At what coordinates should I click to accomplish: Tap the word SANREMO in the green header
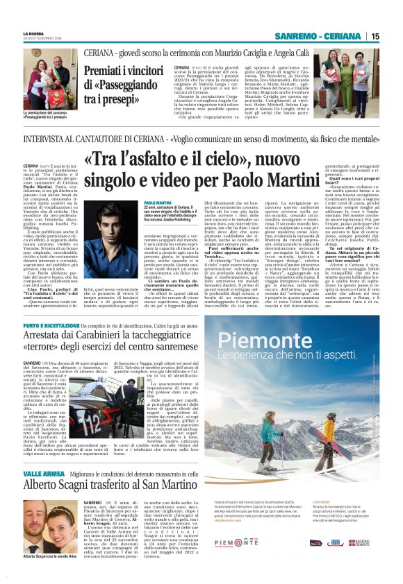(x=296, y=36)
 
